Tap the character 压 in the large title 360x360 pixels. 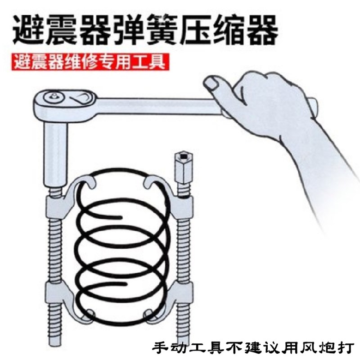213,28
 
